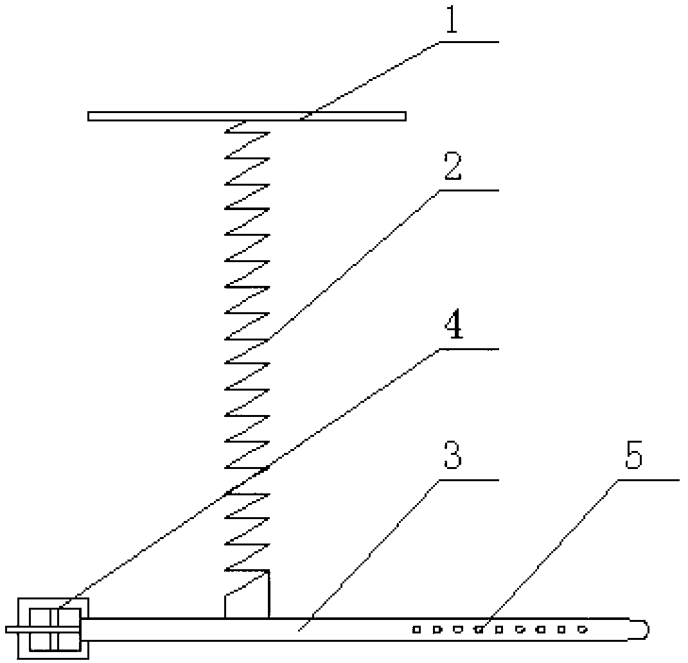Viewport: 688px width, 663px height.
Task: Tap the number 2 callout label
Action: click(x=452, y=169)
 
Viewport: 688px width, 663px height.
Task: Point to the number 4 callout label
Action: click(x=452, y=327)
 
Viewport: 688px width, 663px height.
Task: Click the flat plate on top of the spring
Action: click(x=247, y=116)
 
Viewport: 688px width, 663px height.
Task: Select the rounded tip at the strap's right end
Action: click(x=640, y=628)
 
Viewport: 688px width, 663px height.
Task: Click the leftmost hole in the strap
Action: click(x=416, y=630)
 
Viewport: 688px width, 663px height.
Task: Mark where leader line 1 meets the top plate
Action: click(x=303, y=116)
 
